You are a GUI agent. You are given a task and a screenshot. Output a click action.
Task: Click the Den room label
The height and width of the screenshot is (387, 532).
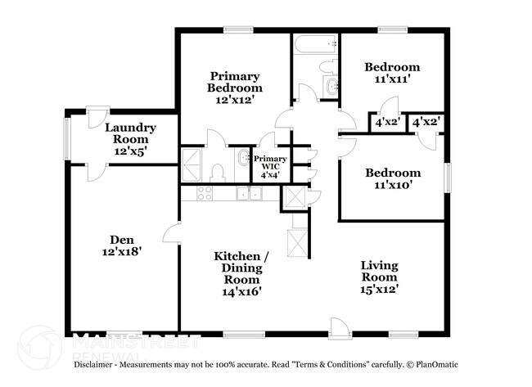pyautogui.click(x=122, y=240)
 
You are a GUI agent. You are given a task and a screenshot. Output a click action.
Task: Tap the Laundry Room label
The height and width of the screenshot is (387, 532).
pyautogui.click(x=131, y=133)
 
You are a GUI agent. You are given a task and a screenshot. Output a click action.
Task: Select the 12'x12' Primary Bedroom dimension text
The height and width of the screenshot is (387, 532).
pyautogui.click(x=235, y=100)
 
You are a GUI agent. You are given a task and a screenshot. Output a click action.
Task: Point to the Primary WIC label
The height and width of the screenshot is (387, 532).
pyautogui.click(x=270, y=163)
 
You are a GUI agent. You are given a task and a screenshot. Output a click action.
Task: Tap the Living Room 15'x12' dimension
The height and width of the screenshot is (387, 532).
pyautogui.click(x=379, y=289)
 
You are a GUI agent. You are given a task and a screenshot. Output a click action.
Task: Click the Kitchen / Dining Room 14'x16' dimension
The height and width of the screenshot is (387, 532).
pyautogui.click(x=241, y=291)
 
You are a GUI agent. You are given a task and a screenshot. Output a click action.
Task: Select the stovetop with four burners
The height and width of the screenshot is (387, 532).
pyautogui.click(x=205, y=193)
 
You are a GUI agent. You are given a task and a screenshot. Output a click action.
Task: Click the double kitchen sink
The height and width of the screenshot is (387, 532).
pyautogui.click(x=250, y=193)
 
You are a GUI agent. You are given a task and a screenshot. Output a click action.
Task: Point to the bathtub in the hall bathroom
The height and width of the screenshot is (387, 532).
pyautogui.click(x=316, y=44)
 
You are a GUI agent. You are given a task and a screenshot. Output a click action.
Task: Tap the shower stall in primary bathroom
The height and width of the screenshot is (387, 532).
pyautogui.click(x=192, y=165)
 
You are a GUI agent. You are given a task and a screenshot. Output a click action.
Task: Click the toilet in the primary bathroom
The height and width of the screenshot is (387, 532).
pyautogui.click(x=217, y=173)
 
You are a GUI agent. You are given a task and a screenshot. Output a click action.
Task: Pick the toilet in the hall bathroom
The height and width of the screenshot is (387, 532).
pyautogui.click(x=328, y=66)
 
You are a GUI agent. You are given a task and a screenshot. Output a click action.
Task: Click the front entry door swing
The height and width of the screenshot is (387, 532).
pyautogui.click(x=340, y=327)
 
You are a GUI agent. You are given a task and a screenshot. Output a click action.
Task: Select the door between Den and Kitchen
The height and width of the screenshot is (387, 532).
pyautogui.click(x=171, y=232)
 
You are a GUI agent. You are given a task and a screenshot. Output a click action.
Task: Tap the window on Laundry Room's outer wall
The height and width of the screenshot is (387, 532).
pyautogui.click(x=67, y=139)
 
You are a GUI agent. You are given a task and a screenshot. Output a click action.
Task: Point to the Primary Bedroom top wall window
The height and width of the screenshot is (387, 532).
pyautogui.click(x=238, y=30)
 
